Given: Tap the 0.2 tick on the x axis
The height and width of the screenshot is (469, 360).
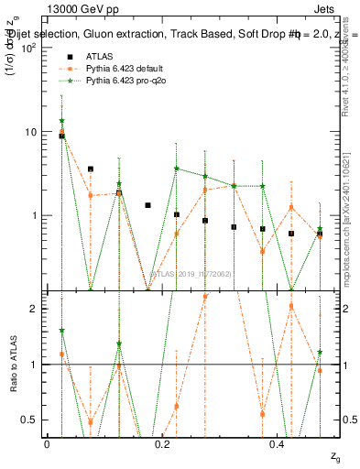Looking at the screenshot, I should tap(162, 443).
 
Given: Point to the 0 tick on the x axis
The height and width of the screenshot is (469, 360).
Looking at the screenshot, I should tap(47, 443).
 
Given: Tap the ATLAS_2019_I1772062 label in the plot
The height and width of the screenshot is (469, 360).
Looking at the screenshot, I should tap(191, 273).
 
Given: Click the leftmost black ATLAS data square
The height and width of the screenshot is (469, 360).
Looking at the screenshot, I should tap(61, 136).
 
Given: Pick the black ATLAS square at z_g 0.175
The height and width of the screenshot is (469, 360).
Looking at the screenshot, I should tap(147, 205).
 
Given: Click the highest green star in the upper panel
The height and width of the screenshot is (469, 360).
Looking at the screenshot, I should tap(61, 121).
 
